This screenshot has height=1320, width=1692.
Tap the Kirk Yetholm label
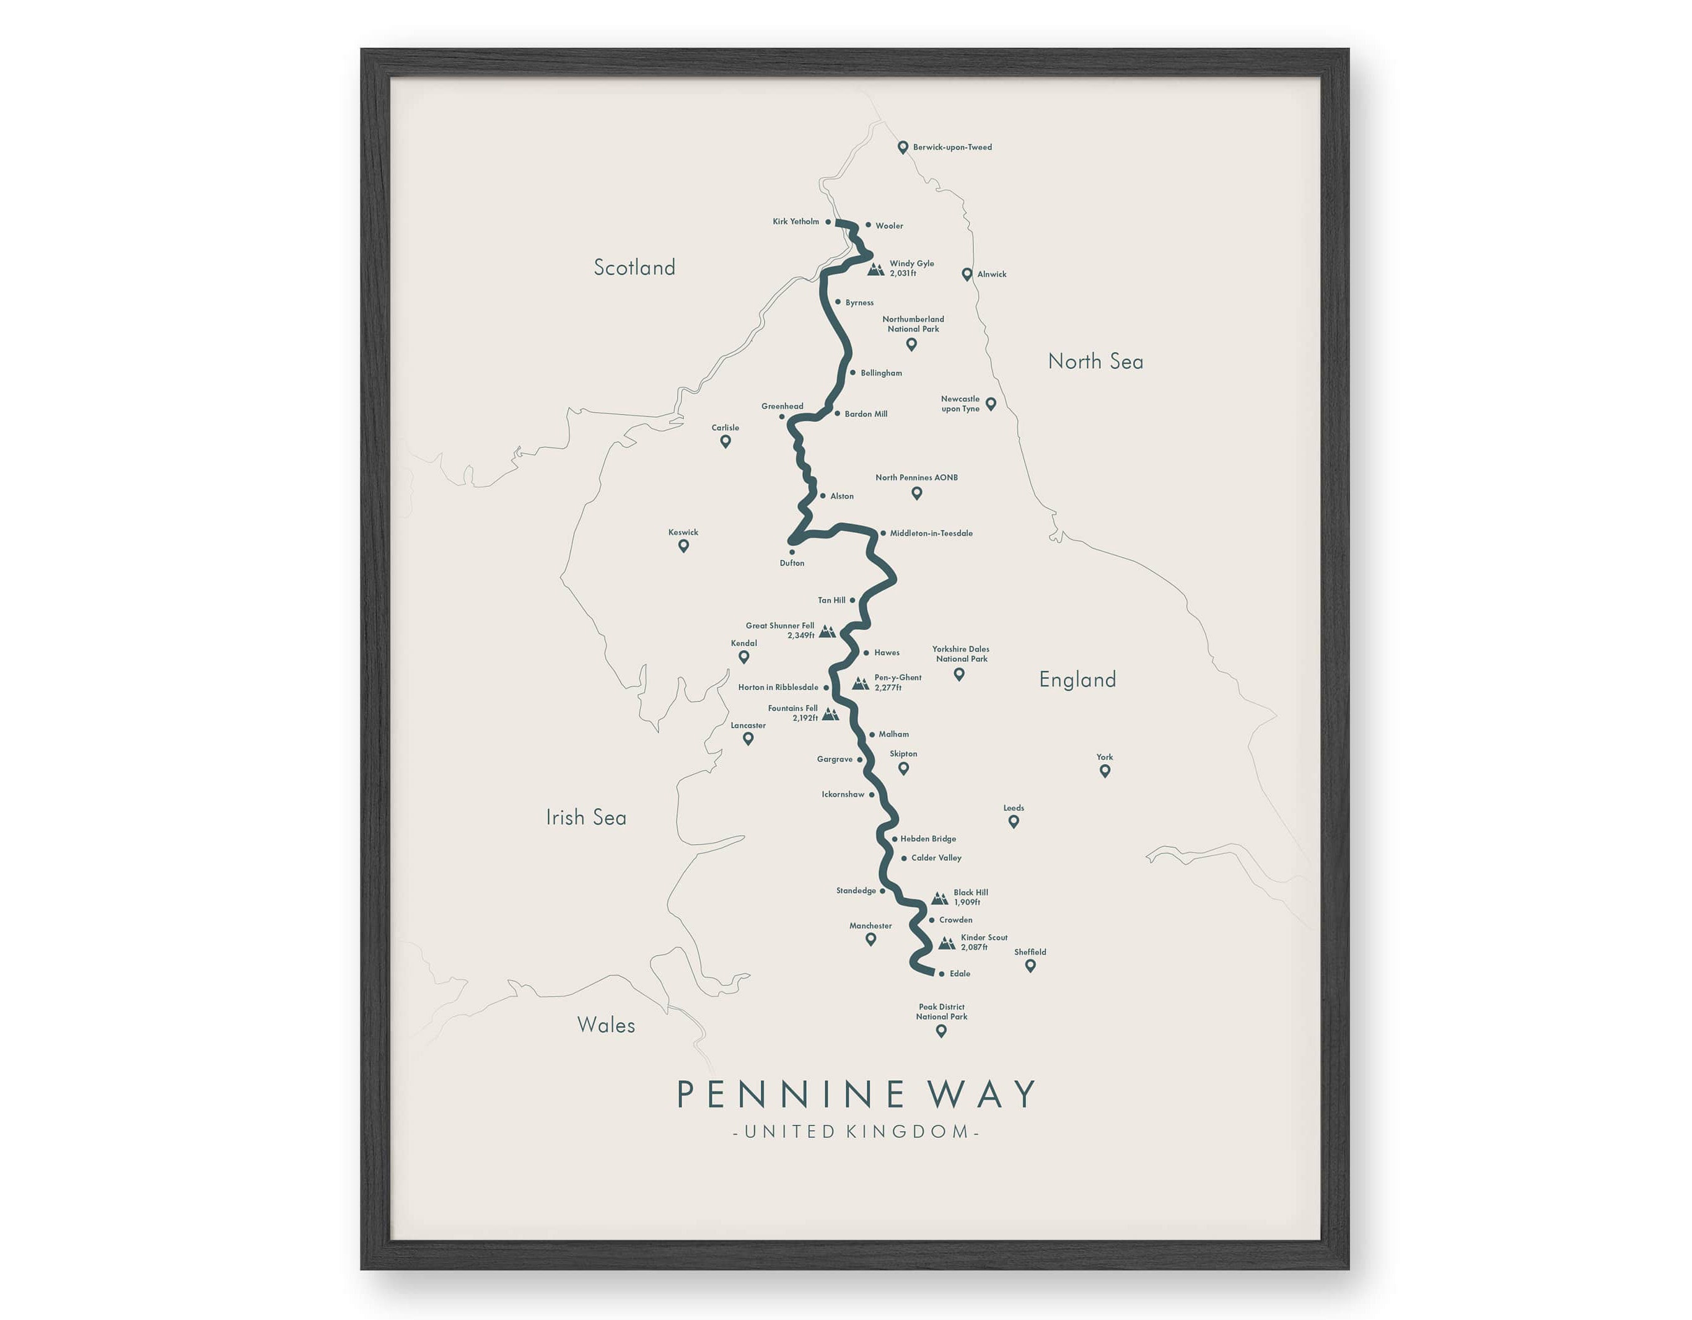(x=796, y=222)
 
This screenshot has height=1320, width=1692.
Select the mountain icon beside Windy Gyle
(x=875, y=269)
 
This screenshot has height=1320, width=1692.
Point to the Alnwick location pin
(x=967, y=275)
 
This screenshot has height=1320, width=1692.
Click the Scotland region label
(x=634, y=268)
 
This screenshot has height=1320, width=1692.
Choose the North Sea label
(x=1095, y=361)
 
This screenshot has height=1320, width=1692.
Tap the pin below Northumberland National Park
(x=912, y=344)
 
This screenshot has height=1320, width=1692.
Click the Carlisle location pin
(x=725, y=442)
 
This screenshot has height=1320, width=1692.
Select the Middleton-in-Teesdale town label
(x=931, y=534)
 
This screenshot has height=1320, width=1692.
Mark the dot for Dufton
(x=792, y=552)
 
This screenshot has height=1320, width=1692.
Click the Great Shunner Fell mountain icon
(x=827, y=631)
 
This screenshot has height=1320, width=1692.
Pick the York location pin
(x=1105, y=770)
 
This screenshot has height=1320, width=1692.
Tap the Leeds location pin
(x=1014, y=822)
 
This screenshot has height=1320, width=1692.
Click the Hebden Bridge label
(x=928, y=838)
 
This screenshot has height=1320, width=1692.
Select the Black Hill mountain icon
(x=939, y=899)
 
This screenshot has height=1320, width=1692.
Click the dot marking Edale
(x=941, y=974)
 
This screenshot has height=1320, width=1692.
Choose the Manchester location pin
(x=871, y=939)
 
